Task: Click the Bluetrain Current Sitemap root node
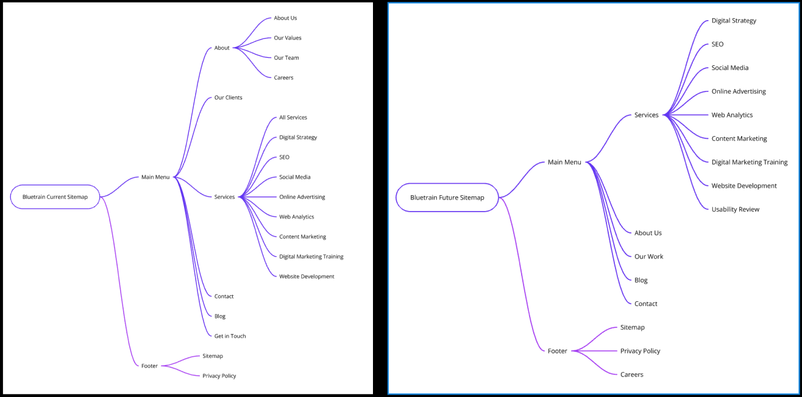tap(55, 197)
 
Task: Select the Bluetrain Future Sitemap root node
tap(447, 198)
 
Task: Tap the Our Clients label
tap(228, 98)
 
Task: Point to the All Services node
tap(293, 118)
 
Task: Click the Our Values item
tap(288, 38)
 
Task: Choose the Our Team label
tap(286, 58)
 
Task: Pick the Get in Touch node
tap(230, 336)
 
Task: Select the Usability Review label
tap(736, 209)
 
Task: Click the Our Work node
tap(648, 257)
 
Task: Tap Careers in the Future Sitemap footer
tap(631, 374)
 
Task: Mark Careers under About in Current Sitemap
tap(283, 77)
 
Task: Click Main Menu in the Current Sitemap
tap(155, 177)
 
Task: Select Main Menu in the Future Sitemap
tap(564, 162)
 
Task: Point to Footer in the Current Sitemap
tap(149, 366)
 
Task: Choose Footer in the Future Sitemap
tap(557, 351)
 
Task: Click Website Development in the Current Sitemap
tap(307, 276)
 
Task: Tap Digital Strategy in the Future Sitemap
tap(734, 21)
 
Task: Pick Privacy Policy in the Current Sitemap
tap(219, 376)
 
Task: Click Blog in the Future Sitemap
tap(641, 280)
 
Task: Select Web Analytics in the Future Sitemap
tap(732, 115)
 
